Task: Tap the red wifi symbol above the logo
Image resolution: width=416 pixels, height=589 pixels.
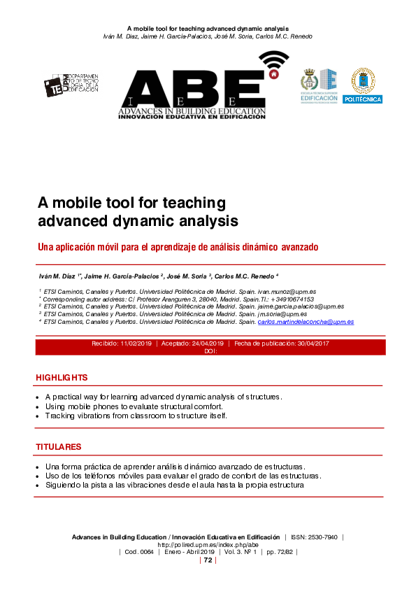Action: [275, 64]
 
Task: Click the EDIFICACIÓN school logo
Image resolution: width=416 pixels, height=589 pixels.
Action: [319, 85]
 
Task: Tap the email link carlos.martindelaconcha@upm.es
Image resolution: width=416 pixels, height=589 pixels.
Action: [306, 322]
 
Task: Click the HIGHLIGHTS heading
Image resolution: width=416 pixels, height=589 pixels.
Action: [62, 378]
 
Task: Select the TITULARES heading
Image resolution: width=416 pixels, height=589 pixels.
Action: [59, 446]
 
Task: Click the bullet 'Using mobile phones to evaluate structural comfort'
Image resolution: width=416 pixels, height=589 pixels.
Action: [134, 406]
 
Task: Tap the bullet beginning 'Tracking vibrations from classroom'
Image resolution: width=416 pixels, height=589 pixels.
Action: [136, 416]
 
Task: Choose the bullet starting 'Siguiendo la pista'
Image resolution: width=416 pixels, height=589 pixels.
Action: [174, 485]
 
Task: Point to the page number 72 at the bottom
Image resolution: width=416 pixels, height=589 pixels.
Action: [208, 560]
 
